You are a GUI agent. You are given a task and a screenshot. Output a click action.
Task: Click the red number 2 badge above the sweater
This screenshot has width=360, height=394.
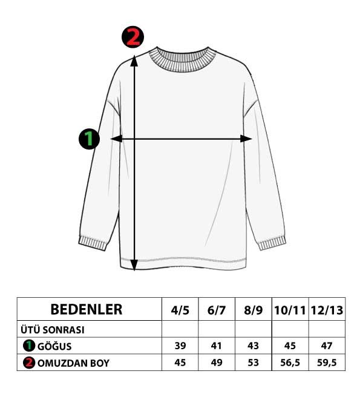click(133, 37)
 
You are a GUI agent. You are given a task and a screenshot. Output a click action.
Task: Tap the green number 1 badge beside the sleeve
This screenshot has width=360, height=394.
click(89, 139)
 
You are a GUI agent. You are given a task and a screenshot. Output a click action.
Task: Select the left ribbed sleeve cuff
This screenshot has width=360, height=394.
click(93, 243)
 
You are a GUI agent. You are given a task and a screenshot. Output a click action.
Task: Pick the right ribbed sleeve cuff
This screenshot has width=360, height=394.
click(272, 243)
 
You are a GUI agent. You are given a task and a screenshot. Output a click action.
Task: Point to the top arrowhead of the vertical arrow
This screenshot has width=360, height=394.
click(134, 61)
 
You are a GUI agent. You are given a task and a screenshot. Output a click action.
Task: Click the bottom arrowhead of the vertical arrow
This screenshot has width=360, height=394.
click(134, 265)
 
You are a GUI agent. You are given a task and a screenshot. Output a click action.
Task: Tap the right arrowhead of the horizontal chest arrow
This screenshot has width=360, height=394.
click(246, 139)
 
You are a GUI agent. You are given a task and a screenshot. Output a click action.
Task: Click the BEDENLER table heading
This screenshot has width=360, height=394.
click(87, 309)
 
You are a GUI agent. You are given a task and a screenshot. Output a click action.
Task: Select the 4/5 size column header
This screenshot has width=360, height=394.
click(180, 310)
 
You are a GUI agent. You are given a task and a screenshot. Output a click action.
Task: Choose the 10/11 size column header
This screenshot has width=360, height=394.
click(290, 310)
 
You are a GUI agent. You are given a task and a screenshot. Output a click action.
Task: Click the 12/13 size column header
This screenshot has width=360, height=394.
click(327, 310)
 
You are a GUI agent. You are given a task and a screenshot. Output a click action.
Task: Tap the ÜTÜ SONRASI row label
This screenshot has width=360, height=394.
click(53, 330)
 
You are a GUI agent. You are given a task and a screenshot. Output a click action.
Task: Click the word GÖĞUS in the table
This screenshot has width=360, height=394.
click(54, 347)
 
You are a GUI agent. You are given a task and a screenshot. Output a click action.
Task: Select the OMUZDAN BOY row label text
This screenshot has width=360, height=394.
click(73, 363)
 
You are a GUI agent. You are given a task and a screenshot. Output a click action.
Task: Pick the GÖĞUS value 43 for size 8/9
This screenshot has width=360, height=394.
click(253, 346)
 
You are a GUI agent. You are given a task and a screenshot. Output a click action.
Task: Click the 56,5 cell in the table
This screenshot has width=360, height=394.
click(290, 363)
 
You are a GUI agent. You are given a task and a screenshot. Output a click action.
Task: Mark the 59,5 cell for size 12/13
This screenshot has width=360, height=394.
click(327, 363)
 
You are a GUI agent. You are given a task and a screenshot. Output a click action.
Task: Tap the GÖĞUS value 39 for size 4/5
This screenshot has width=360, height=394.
click(180, 346)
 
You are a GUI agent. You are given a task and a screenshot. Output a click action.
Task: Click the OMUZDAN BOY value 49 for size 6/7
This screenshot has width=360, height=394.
click(217, 363)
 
